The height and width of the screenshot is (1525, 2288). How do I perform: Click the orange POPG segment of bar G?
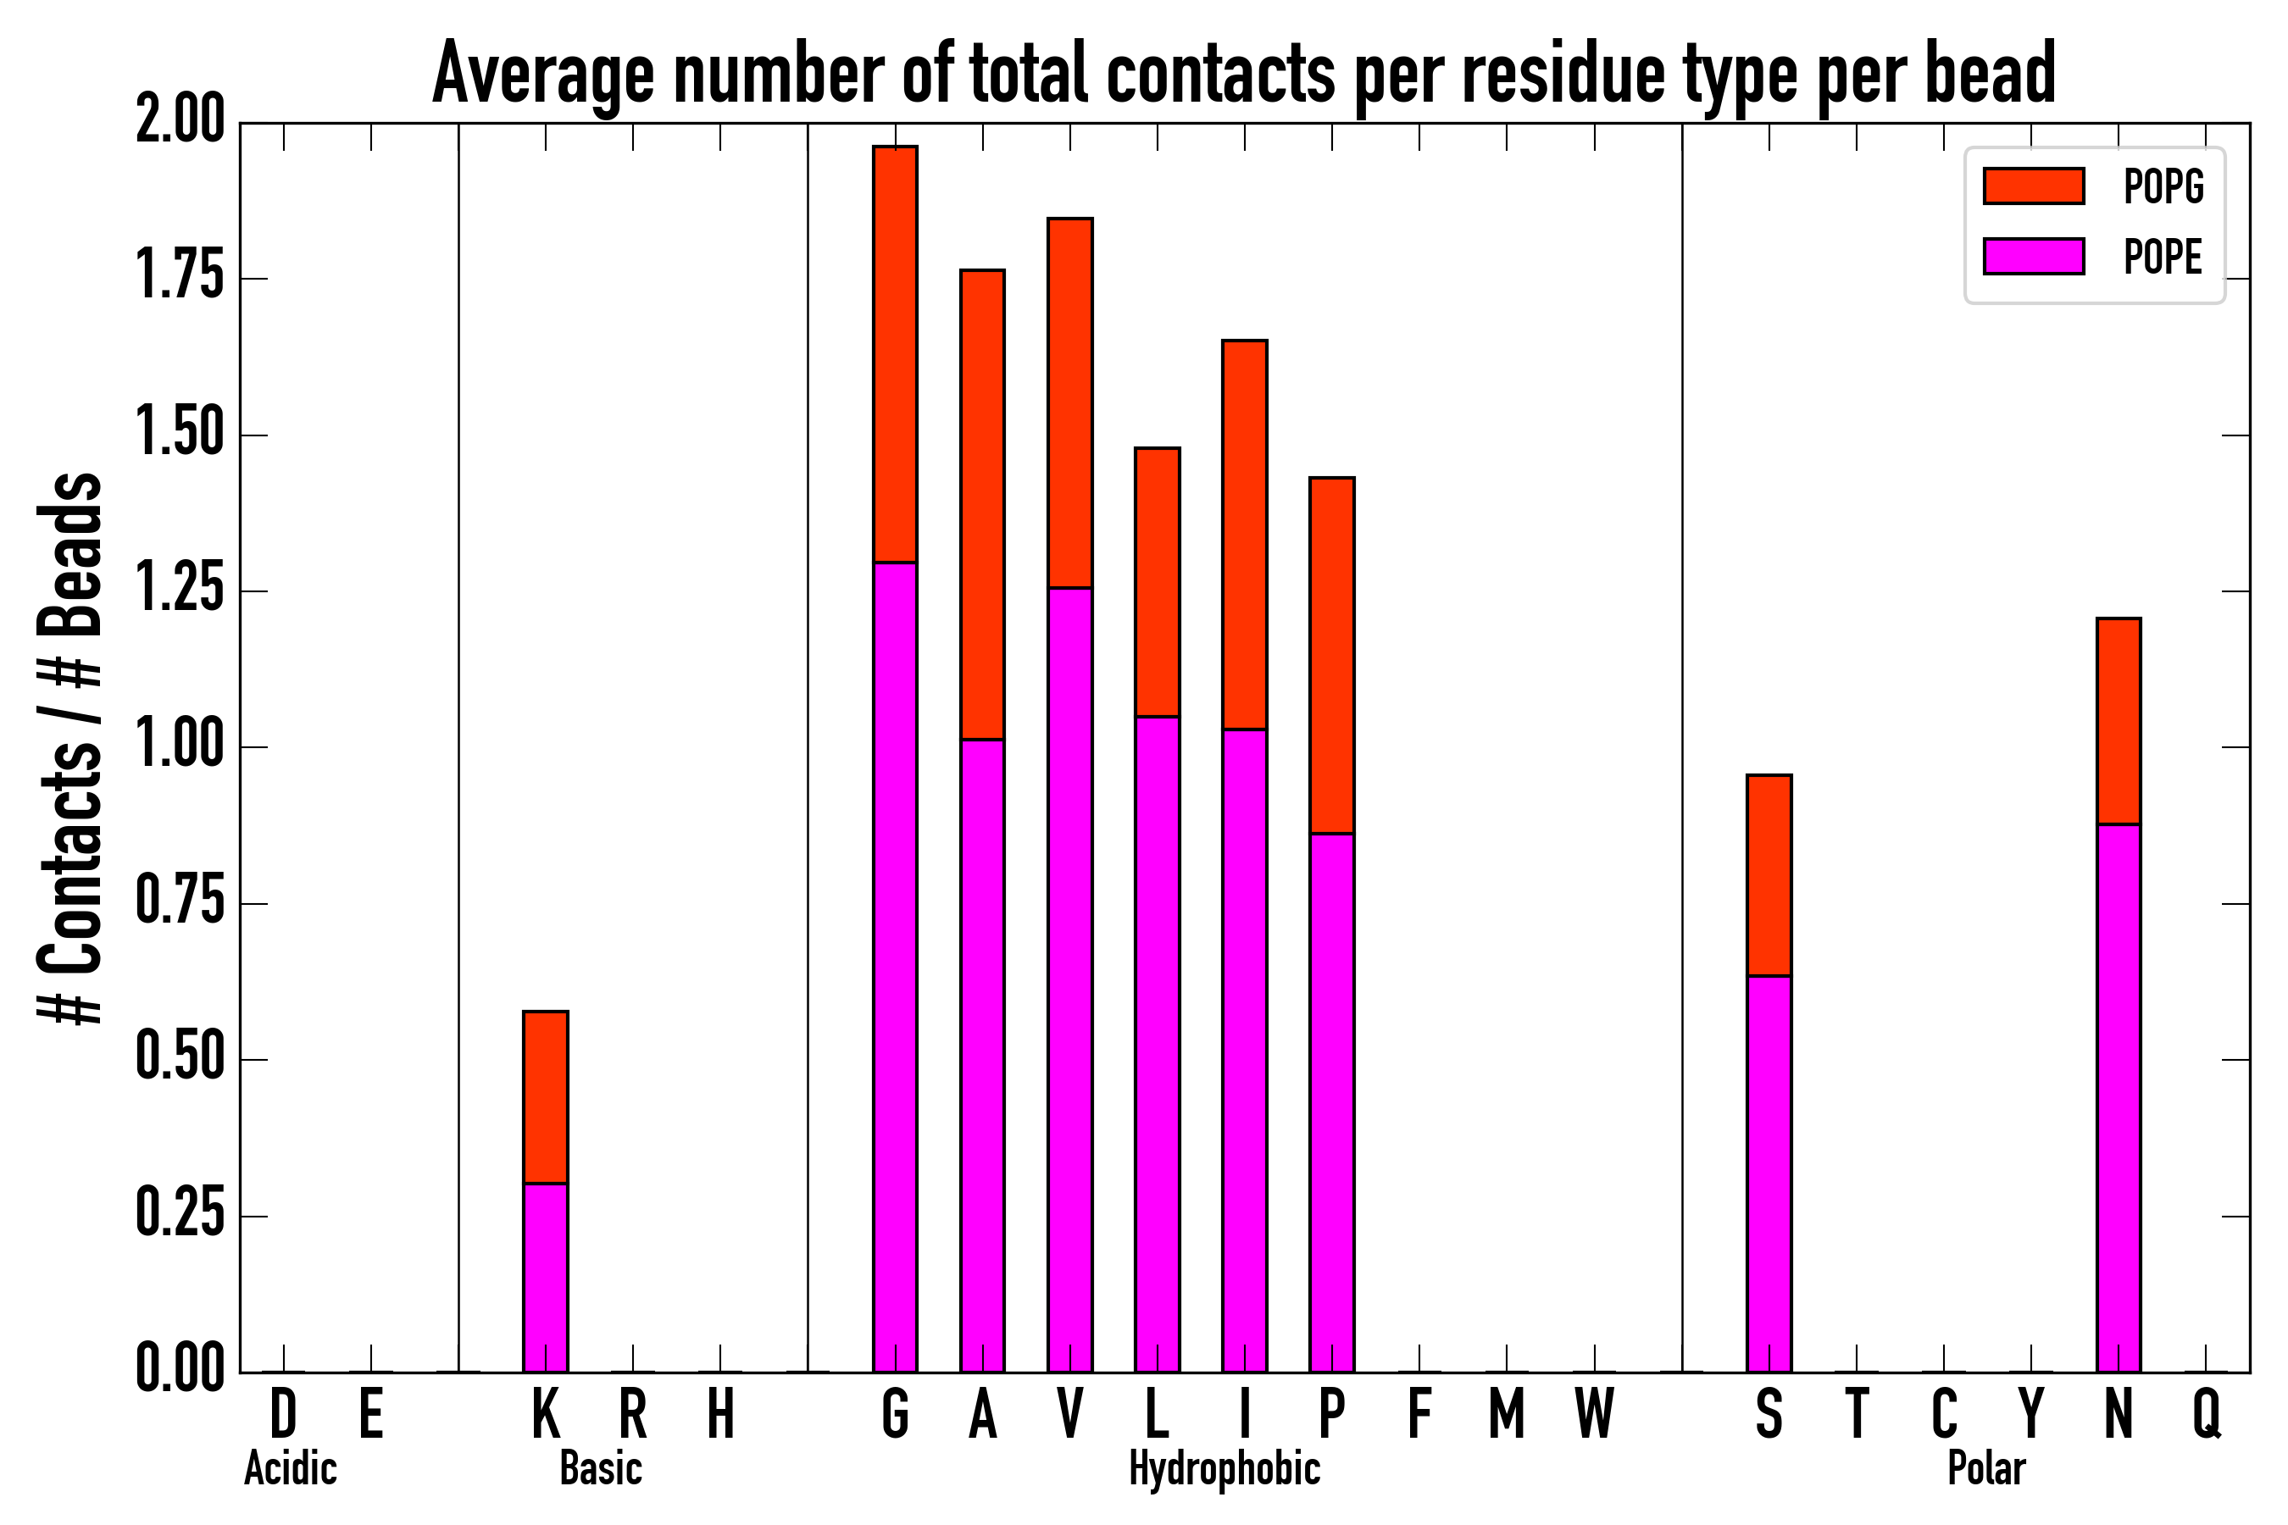(x=894, y=354)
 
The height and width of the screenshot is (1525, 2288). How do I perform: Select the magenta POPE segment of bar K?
(x=545, y=1277)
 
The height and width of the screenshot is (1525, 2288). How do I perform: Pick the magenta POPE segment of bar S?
(x=1769, y=1173)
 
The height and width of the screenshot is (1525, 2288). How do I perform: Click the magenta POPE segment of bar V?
(x=1069, y=979)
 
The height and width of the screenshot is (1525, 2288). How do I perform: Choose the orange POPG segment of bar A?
(x=981, y=504)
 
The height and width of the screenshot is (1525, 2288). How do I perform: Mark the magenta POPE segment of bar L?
(x=1157, y=1044)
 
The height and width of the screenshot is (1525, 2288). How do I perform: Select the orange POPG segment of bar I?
(x=1244, y=534)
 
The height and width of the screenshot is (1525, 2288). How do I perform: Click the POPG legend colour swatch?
(x=2033, y=186)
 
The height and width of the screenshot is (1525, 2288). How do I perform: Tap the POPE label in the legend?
(x=2162, y=257)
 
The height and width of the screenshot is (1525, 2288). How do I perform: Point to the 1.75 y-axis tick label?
(x=180, y=278)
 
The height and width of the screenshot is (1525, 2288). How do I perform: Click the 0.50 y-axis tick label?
(x=180, y=1059)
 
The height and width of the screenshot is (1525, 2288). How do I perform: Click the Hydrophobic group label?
(x=1224, y=1468)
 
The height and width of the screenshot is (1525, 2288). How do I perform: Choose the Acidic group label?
(x=290, y=1468)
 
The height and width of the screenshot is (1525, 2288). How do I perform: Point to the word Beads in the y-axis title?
(x=70, y=554)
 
